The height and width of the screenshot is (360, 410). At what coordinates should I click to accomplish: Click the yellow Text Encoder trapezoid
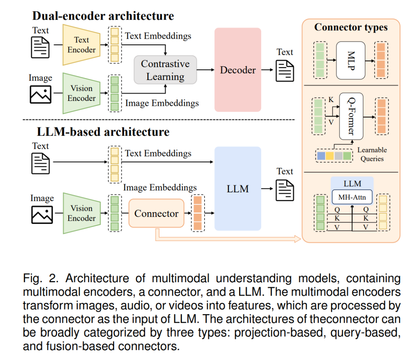point(82,45)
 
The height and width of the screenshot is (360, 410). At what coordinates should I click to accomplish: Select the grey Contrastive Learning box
point(165,70)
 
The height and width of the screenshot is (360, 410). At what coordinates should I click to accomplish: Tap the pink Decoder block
point(238,70)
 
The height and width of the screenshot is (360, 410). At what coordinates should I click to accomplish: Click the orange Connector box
point(156,213)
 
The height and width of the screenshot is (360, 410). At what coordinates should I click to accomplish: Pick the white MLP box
point(351,60)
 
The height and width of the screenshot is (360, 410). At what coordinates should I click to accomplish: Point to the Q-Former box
point(351,116)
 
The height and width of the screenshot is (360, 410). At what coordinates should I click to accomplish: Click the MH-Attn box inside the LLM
point(352,197)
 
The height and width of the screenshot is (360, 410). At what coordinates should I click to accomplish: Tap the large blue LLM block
point(238,189)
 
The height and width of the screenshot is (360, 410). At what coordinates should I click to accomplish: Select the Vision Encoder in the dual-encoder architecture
point(82,93)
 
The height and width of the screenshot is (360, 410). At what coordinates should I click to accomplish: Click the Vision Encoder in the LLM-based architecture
point(82,213)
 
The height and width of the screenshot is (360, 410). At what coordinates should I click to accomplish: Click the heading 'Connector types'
point(351,27)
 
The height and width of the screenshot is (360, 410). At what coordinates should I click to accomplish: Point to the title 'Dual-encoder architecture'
point(103,16)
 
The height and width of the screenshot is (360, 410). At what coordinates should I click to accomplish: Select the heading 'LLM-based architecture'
point(103,132)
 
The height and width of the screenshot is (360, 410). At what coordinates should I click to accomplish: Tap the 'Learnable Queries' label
point(372,154)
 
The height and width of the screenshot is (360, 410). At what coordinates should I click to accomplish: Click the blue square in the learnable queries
point(321,156)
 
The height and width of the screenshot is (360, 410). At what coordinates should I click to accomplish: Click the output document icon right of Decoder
point(285,71)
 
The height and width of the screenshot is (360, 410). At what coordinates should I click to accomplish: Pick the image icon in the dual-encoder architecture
point(41,94)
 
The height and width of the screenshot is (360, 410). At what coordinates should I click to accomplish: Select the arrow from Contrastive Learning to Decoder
point(205,70)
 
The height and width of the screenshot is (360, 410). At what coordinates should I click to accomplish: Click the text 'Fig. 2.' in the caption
point(41,278)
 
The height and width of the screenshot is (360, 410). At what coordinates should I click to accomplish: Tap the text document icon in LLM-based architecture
point(41,163)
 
